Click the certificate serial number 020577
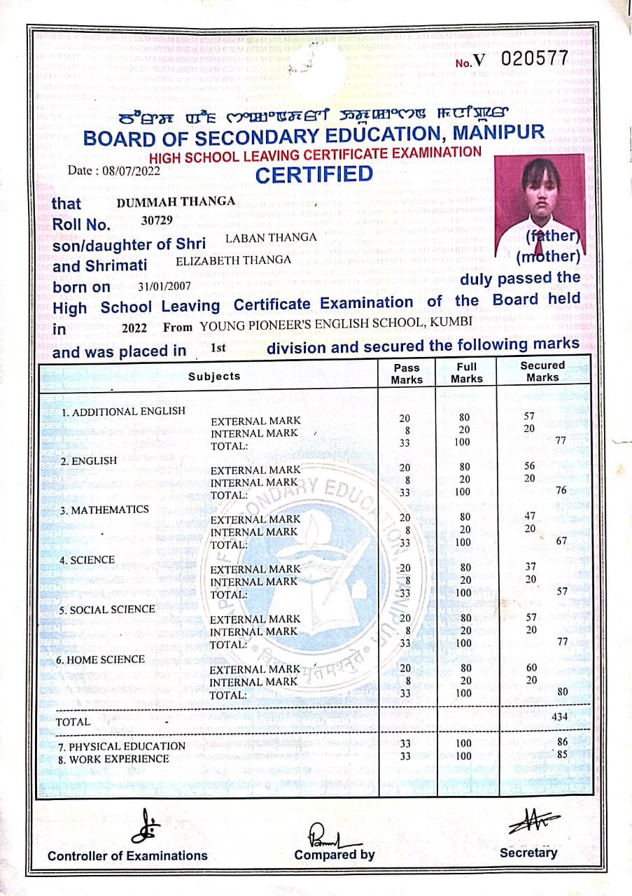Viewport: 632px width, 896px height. tap(534, 59)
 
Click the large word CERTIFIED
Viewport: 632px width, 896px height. tap(314, 174)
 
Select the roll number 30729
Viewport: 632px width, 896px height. tap(157, 220)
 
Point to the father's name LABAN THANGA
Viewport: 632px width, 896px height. tap(271, 237)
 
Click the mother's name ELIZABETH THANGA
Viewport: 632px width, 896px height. tap(233, 260)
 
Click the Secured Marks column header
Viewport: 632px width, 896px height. tap(542, 371)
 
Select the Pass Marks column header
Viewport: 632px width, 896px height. tap(407, 373)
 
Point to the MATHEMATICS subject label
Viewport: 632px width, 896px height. tap(104, 510)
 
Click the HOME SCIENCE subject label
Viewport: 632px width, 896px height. tap(102, 659)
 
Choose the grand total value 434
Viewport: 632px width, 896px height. tap(559, 716)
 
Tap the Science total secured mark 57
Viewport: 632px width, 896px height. tap(561, 591)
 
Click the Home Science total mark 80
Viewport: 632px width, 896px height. tap(561, 692)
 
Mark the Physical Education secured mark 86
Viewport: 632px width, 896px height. tap(561, 741)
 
